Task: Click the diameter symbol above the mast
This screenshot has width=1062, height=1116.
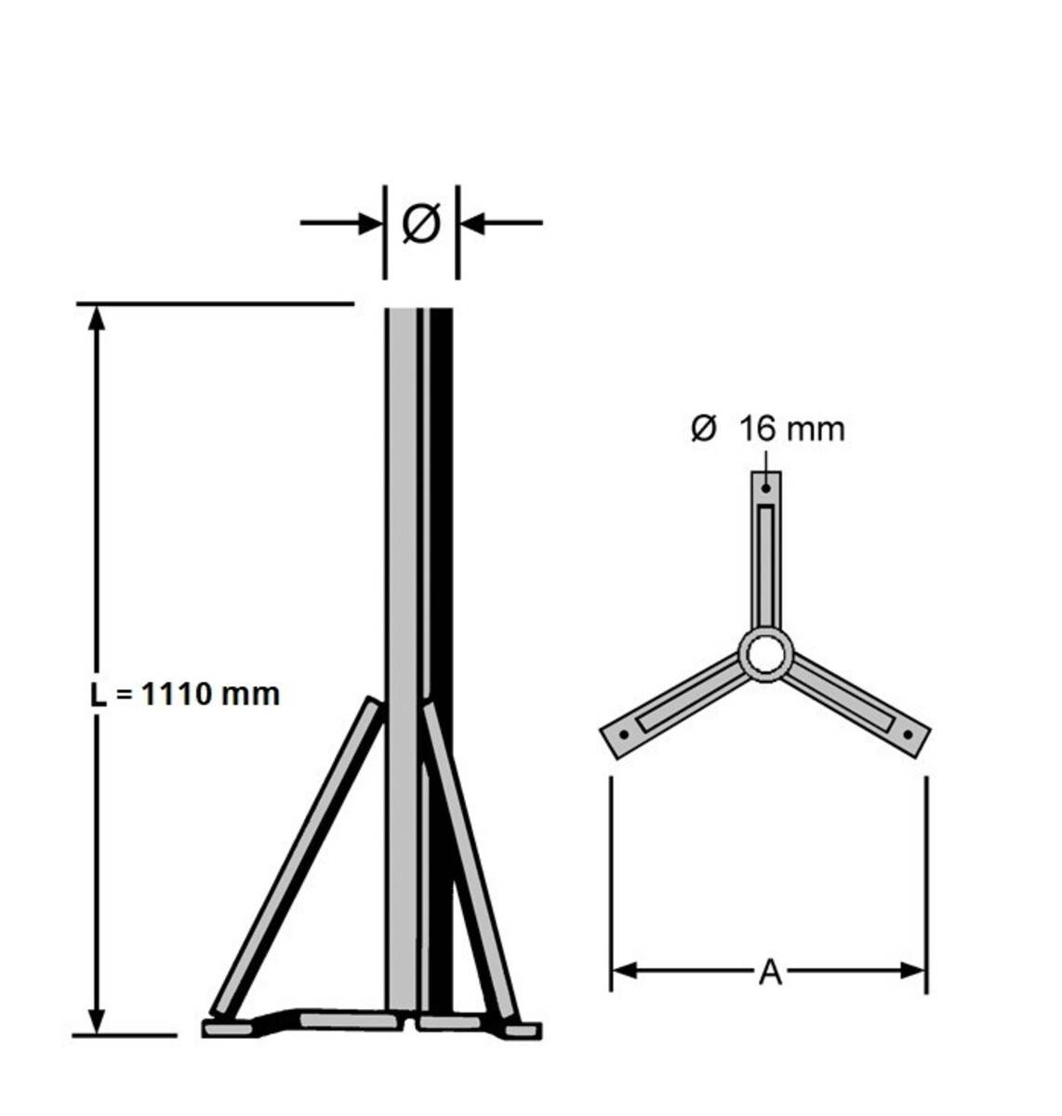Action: pyautogui.click(x=420, y=224)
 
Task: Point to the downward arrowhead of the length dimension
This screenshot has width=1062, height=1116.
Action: pyautogui.click(x=96, y=1018)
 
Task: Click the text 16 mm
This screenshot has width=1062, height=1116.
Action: pyautogui.click(x=791, y=430)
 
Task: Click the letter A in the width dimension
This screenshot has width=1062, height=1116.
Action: pyautogui.click(x=769, y=973)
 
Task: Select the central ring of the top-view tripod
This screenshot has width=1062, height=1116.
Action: pyautogui.click(x=765, y=653)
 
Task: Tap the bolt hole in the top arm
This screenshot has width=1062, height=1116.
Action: pyautogui.click(x=766, y=487)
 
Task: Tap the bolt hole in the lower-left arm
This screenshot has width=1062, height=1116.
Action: pyautogui.click(x=623, y=735)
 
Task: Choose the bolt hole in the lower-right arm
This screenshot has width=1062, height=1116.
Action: pyautogui.click(x=909, y=735)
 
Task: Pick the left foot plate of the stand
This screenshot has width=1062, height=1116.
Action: pyautogui.click(x=228, y=1029)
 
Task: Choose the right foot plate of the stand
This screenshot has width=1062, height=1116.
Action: pyautogui.click(x=524, y=1030)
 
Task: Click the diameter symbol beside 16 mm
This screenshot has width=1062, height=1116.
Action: pyautogui.click(x=704, y=429)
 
